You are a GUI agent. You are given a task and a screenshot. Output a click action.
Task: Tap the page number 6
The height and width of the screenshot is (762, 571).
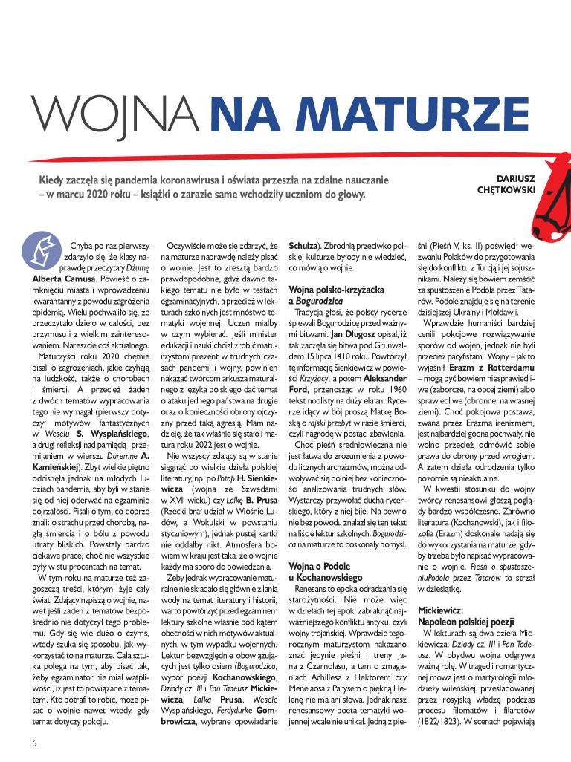tap(34, 743)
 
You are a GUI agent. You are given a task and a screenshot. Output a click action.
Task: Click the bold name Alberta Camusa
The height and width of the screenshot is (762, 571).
tap(63, 278)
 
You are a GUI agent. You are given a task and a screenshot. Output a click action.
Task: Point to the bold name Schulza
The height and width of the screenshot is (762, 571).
tap(303, 244)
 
